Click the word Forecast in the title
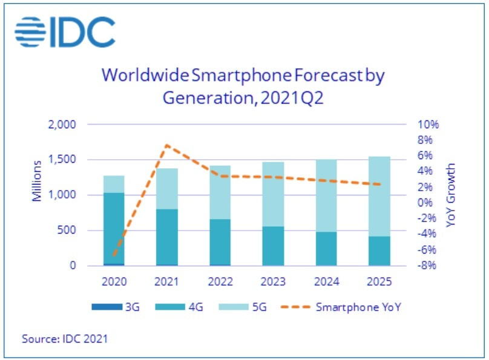[322, 76]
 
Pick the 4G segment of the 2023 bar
[274, 246]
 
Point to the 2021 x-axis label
[167, 282]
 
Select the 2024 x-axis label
[327, 282]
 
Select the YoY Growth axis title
[451, 195]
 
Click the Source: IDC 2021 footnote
[65, 338]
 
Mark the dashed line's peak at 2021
[167, 145]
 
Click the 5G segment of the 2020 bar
[114, 184]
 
